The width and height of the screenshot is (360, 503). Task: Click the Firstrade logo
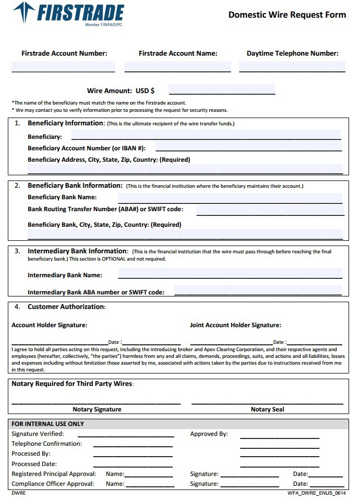[x=69, y=13]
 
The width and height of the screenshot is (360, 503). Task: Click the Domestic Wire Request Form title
[x=287, y=15]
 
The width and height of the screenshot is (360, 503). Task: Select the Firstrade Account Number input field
[x=63, y=67]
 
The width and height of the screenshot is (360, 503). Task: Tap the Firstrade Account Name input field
[x=177, y=67]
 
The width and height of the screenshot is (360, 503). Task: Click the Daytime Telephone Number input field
[x=292, y=67]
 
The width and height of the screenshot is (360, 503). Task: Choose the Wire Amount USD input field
[x=222, y=90]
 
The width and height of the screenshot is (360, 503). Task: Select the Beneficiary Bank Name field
[x=230, y=198]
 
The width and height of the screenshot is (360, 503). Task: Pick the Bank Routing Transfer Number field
[x=270, y=210]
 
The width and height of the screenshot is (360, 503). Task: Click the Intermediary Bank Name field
[x=230, y=274]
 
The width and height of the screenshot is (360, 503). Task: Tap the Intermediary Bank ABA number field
[x=258, y=291]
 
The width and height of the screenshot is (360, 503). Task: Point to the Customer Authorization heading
[x=67, y=307]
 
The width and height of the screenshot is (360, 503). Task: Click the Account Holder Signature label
[x=49, y=325]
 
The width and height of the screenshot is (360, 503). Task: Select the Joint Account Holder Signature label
[x=236, y=325]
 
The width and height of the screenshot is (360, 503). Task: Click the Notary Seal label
[x=267, y=409]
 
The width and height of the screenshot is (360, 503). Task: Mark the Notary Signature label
[x=97, y=409]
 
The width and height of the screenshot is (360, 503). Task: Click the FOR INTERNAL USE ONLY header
[x=48, y=424]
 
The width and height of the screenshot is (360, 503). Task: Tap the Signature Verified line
[x=126, y=434]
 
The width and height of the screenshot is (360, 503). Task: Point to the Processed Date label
[x=34, y=464]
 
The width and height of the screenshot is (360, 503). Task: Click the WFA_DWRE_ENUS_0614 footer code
[x=316, y=493]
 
